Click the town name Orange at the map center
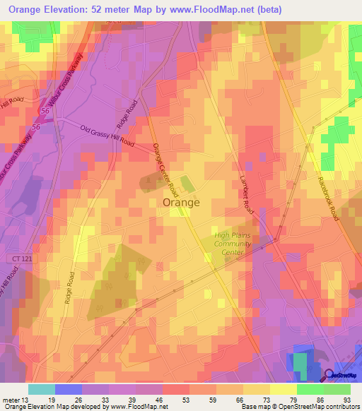[181, 202]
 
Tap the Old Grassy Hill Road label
[107, 136]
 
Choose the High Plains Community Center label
[233, 244]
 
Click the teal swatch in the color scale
[42, 389]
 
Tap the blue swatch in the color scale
[69, 389]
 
